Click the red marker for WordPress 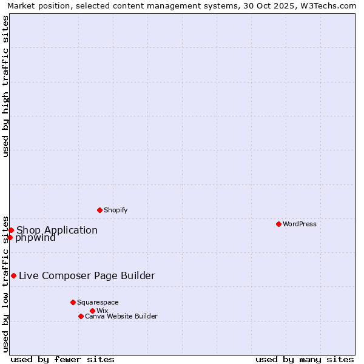[278, 224]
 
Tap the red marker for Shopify [99, 210]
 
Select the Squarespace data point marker [73, 302]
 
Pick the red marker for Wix [92, 311]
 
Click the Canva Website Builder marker [81, 316]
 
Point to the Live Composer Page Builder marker [13, 275]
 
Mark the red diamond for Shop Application [11, 230]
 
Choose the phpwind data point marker [10, 237]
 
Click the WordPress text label [299, 224]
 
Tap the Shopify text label [115, 210]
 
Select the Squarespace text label [98, 302]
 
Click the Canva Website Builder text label [121, 316]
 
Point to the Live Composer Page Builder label [87, 275]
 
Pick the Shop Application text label [56, 230]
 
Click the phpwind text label [35, 238]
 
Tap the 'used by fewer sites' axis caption [62, 359]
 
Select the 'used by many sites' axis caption [305, 359]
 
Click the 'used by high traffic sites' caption [6, 86]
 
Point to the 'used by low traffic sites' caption [6, 284]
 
